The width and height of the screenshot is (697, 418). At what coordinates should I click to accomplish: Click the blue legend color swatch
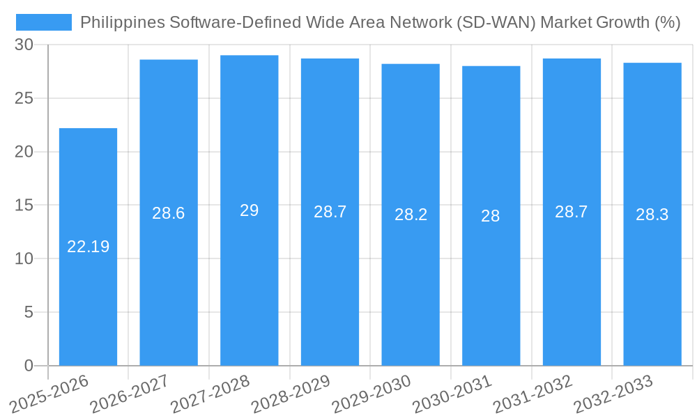(44, 22)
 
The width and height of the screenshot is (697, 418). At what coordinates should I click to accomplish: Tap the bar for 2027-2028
(250, 279)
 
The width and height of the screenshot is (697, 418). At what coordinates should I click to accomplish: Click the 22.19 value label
(88, 247)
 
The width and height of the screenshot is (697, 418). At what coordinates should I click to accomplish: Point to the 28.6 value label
(169, 213)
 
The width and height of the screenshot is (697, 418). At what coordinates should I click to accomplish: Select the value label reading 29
(250, 210)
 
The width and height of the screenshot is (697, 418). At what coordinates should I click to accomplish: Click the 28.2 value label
(411, 215)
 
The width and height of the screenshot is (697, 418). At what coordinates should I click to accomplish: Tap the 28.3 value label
(652, 215)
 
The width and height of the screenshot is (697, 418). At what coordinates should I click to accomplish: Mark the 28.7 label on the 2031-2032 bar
(572, 212)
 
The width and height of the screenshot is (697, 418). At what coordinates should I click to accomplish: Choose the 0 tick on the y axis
(29, 366)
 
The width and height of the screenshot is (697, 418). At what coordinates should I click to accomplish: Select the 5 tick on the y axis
(29, 312)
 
